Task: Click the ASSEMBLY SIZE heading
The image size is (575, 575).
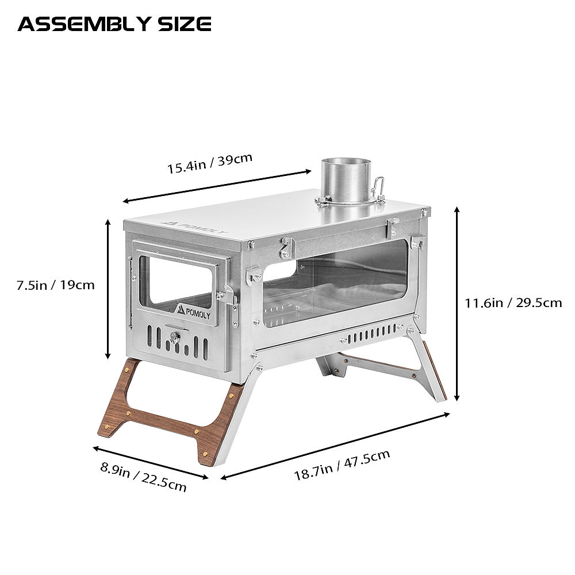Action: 114,24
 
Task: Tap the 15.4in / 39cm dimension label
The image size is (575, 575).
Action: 210,163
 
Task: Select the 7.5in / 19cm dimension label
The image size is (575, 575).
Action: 55,285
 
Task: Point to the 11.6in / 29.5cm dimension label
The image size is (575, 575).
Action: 513,302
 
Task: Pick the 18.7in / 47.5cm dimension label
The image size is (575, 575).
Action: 342,465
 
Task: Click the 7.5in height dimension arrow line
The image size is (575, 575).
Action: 109,289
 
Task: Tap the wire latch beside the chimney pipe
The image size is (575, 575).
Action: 378,187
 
